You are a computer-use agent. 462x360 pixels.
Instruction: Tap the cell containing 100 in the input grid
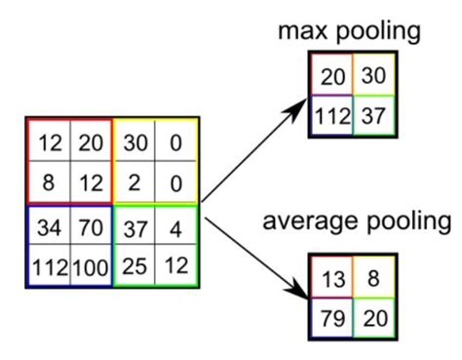click(91, 265)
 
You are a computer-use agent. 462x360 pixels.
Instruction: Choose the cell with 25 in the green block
click(134, 265)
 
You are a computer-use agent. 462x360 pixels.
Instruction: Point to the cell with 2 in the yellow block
click(134, 181)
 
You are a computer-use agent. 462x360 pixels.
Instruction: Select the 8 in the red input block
click(49, 181)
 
